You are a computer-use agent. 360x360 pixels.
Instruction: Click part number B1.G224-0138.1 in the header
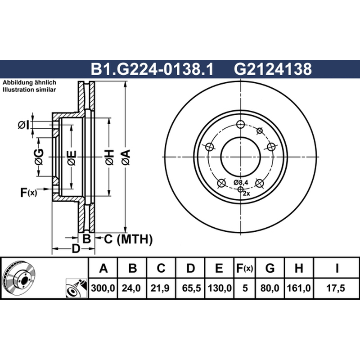(x=152, y=69)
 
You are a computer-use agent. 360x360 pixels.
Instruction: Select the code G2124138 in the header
(x=273, y=69)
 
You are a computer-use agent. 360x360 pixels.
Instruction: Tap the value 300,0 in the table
(x=103, y=288)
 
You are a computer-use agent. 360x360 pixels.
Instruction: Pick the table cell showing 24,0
(x=131, y=288)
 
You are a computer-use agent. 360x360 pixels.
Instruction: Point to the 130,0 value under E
(x=220, y=288)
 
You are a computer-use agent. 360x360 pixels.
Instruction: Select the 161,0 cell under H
(x=298, y=288)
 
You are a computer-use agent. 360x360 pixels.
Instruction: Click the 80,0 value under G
(x=270, y=288)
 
